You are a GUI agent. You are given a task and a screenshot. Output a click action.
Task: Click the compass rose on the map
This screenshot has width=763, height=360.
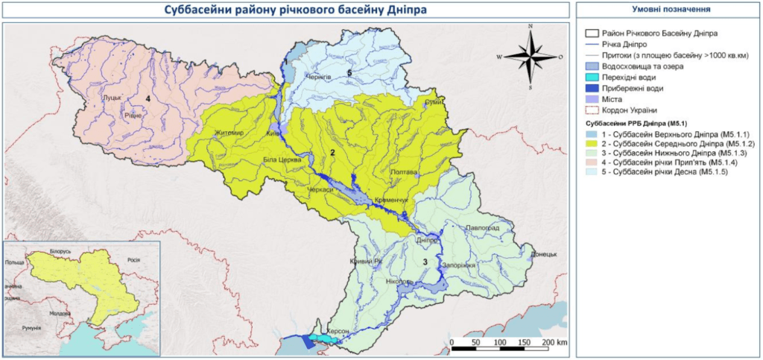coord(531,56)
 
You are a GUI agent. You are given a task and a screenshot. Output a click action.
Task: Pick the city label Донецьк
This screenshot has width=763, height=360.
coord(544,255)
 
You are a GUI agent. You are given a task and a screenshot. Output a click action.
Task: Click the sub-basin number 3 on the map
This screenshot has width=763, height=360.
coord(425,261)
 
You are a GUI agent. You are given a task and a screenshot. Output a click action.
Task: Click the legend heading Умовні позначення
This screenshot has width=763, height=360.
coord(670,10)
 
